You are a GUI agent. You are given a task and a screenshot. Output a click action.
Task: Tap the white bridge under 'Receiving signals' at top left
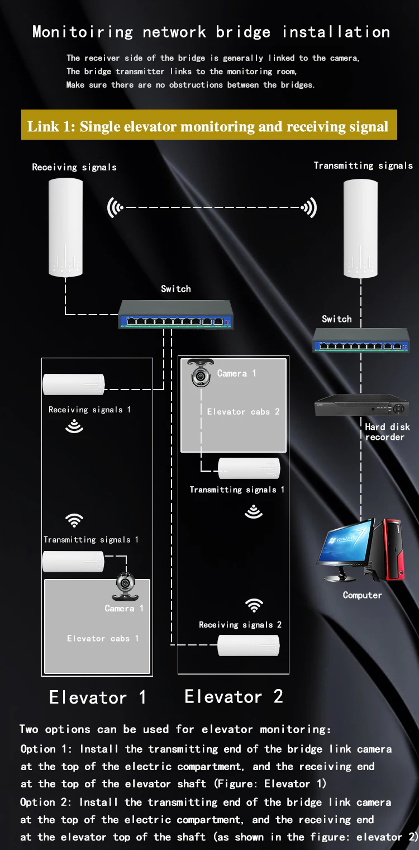pyautogui.click(x=65, y=227)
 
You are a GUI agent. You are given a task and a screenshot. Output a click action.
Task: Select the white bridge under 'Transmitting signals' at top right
pyautogui.click(x=360, y=229)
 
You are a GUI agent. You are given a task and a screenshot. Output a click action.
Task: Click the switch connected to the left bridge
pyautogui.click(x=175, y=314)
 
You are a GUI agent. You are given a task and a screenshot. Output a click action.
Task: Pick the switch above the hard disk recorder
pyautogui.click(x=361, y=340)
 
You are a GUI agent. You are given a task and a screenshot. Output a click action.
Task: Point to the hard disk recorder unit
pyautogui.click(x=362, y=405)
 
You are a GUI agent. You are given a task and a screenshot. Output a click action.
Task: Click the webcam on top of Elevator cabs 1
pyautogui.click(x=125, y=586)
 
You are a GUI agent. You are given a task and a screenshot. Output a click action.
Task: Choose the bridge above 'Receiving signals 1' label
pyautogui.click(x=74, y=384)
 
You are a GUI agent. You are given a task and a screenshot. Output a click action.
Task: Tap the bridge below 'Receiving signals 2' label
pyautogui.click(x=249, y=645)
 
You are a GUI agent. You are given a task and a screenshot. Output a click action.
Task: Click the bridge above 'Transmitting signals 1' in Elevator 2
pyautogui.click(x=249, y=468)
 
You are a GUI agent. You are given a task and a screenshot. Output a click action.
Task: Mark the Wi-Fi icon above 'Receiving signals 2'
pyautogui.click(x=254, y=605)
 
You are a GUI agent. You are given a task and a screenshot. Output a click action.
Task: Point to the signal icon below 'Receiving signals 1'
pyautogui.click(x=74, y=426)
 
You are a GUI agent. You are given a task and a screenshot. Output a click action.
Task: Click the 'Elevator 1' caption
pyautogui.click(x=97, y=697)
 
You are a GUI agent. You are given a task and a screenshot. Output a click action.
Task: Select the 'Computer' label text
pyautogui.click(x=362, y=595)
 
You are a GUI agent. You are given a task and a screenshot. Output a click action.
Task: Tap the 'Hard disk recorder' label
pyautogui.click(x=387, y=432)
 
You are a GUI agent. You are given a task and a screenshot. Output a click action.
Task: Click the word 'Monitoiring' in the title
pyautogui.click(x=83, y=32)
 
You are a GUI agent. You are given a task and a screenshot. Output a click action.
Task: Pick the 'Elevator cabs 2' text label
pyautogui.click(x=243, y=412)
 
